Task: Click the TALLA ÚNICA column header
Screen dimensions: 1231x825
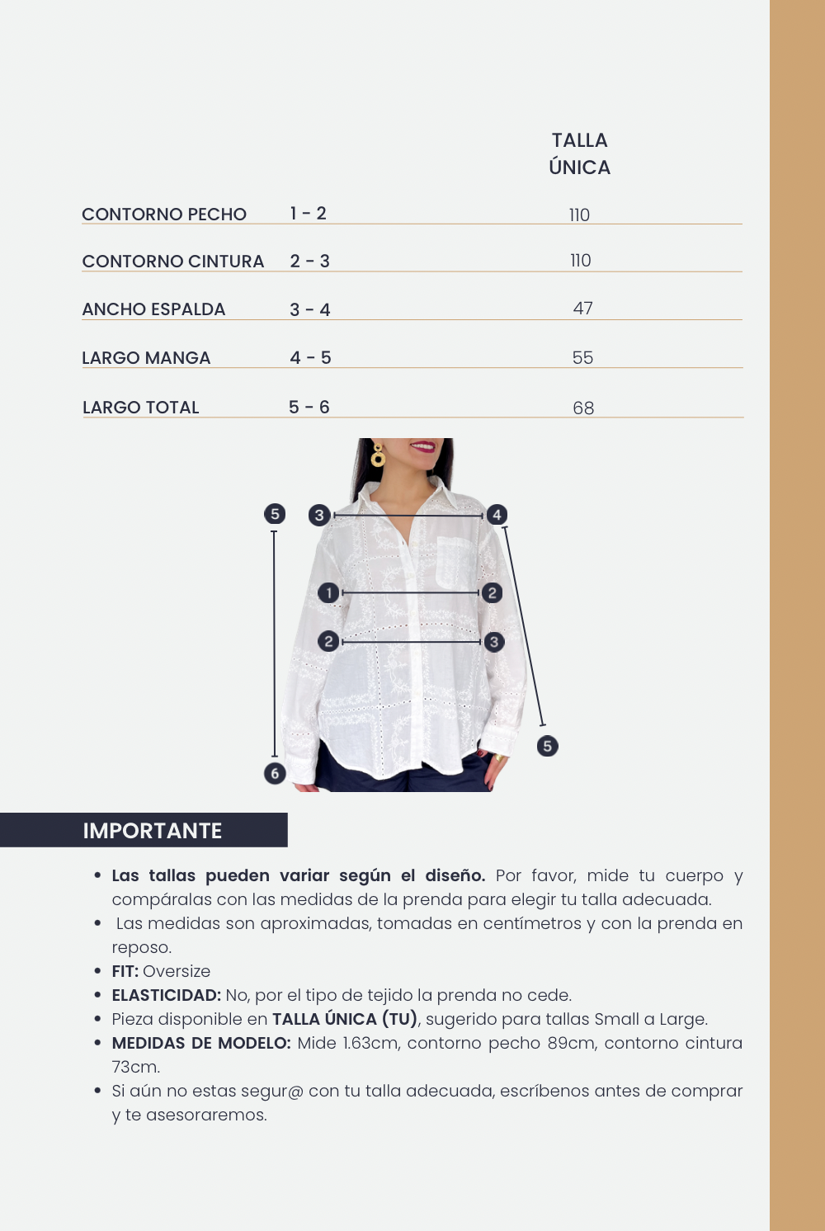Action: (579, 153)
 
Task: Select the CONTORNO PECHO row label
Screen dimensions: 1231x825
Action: (164, 215)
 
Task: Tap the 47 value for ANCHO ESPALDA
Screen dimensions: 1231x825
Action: (582, 309)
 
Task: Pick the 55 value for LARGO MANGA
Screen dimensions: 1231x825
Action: (582, 358)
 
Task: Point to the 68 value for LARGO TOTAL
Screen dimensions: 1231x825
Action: (583, 408)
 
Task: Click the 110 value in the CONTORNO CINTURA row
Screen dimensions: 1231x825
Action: (580, 261)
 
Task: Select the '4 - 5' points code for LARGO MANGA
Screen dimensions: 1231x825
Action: (310, 358)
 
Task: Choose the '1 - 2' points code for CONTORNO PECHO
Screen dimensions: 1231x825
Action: (309, 214)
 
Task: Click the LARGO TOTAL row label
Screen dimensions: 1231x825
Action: (141, 408)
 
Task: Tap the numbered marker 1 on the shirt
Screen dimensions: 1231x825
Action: (328, 592)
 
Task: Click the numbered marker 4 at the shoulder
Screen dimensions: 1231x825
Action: (497, 515)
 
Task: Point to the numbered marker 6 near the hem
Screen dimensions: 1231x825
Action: (275, 773)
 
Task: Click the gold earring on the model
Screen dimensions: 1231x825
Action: (378, 455)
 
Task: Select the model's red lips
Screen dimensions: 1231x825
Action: (423, 446)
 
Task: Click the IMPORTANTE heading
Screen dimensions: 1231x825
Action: (153, 831)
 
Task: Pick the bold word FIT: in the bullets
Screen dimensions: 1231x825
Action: (125, 971)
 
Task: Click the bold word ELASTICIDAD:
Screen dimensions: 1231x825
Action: (167, 995)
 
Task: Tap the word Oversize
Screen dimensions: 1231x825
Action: (177, 971)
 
